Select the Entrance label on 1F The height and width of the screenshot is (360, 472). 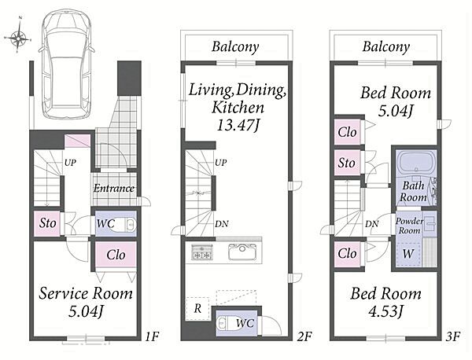(114, 189)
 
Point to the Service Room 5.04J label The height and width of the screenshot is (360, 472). (86, 302)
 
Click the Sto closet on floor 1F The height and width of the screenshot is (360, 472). (47, 223)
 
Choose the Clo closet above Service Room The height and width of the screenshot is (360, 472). (116, 255)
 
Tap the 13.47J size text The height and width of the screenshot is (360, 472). (238, 125)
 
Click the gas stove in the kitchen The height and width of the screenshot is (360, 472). (201, 252)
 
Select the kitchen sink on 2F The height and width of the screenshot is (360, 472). (242, 252)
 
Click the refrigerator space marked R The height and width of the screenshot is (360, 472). (197, 309)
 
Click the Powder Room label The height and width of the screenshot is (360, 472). (409, 226)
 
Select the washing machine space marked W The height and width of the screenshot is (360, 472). (407, 254)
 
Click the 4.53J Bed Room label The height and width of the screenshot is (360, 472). (385, 303)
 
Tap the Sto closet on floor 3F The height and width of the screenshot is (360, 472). (347, 163)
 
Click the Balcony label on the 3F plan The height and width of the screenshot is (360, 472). (386, 46)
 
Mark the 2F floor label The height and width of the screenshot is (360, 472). (304, 336)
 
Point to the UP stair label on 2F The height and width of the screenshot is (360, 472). (220, 163)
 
